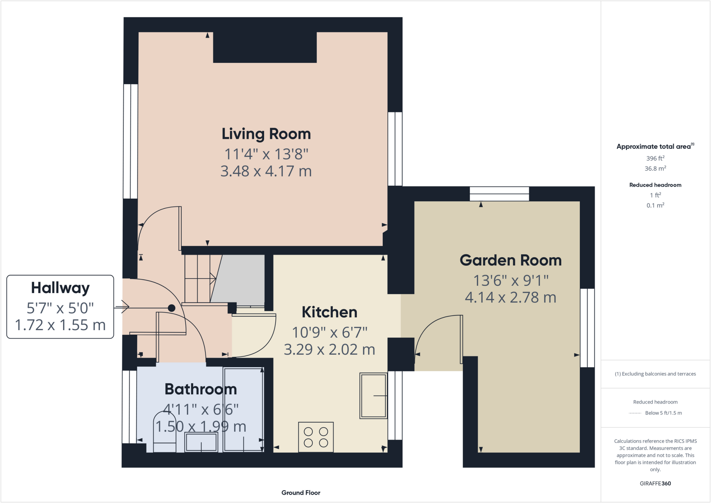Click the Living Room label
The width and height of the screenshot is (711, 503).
(266, 134)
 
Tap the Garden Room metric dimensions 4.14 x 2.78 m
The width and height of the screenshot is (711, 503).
(510, 297)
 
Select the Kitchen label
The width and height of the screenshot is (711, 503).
(329, 312)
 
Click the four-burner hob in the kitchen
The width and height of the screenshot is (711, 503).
(316, 437)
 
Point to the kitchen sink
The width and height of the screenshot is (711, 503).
(373, 396)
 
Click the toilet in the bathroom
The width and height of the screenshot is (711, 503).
(165, 434)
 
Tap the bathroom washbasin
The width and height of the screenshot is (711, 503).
(201, 443)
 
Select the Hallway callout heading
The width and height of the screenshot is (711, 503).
(60, 288)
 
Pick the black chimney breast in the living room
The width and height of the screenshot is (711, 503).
(265, 47)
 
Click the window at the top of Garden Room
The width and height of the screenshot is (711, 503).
(499, 194)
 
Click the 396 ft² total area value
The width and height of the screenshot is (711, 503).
(655, 158)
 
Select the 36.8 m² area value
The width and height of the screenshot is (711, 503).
(655, 169)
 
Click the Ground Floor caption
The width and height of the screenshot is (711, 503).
(301, 493)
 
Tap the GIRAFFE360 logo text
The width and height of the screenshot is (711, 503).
(655, 484)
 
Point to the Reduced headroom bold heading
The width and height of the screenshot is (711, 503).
(655, 185)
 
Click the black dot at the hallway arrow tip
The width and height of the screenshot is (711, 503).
(172, 308)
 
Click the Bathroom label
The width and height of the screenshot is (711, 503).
(200, 389)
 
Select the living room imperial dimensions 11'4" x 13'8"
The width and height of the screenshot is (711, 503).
(266, 154)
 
